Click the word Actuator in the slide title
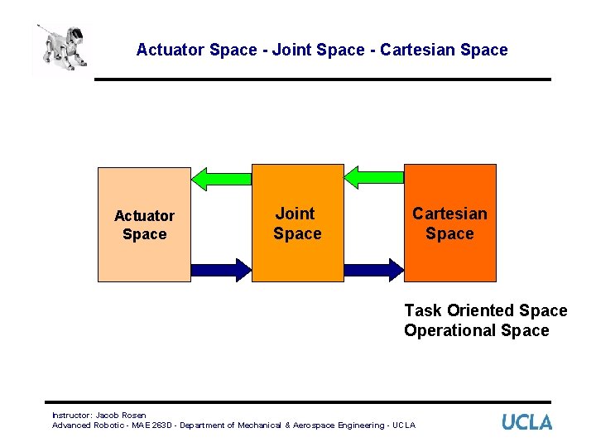tap(171, 50)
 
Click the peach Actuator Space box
tap(144, 224)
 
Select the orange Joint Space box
tap(297, 223)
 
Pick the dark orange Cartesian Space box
tap(449, 223)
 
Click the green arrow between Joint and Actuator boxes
tap(221, 177)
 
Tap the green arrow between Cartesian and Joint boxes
tap(374, 175)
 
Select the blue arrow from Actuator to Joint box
tap(221, 269)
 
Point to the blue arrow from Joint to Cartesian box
tap(373, 269)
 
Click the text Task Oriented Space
tap(485, 310)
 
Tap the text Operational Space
tap(476, 330)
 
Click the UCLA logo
tap(526, 422)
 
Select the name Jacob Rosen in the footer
tap(121, 416)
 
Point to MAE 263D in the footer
tap(147, 425)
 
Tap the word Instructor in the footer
tap(71, 416)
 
